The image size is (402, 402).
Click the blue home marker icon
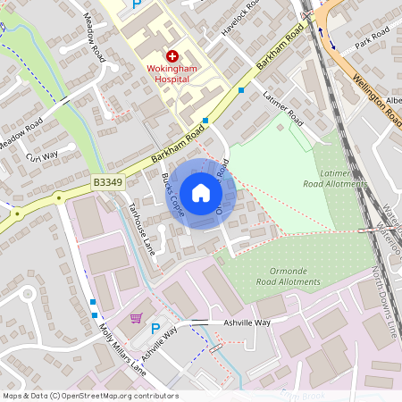pyautogui.click(x=201, y=193)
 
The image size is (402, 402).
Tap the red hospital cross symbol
pyautogui.click(x=172, y=56)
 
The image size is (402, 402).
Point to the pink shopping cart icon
pyautogui.click(x=136, y=319)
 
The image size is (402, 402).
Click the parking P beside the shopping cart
pyautogui.click(x=155, y=329)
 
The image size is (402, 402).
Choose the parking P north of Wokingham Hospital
pyautogui.click(x=137, y=4)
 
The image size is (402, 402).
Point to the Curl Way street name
pyautogui.click(x=41, y=157)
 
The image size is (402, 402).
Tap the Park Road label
pyautogui.click(x=372, y=38)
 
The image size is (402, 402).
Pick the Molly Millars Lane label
pyautogui.click(x=122, y=348)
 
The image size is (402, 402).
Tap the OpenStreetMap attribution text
pyautogui.click(x=90, y=395)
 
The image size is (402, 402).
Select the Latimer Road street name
pyautogui.click(x=283, y=110)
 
